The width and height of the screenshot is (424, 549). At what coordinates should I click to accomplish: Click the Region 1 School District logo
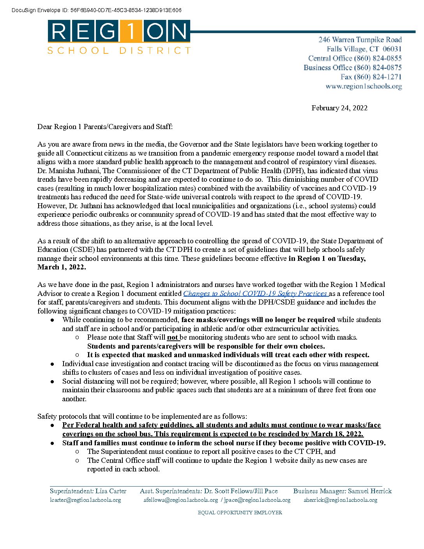click(119, 37)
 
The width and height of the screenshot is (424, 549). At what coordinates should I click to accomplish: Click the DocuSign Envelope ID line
click(96, 10)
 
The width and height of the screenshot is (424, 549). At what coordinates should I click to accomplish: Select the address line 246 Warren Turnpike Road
click(360, 39)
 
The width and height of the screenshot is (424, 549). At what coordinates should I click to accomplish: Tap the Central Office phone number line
click(355, 58)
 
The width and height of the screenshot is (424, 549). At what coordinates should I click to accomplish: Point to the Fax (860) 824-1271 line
click(371, 77)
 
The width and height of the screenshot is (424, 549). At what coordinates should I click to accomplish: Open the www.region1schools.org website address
click(364, 86)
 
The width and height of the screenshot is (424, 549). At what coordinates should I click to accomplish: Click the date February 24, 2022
click(339, 108)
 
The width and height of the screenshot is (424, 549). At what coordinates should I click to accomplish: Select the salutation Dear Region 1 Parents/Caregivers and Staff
click(105, 126)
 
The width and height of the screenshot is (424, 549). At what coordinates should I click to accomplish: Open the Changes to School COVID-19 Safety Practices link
click(255, 294)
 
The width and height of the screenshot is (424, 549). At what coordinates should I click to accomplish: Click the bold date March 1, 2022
click(61, 267)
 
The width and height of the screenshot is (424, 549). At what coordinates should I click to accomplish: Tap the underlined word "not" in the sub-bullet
click(173, 337)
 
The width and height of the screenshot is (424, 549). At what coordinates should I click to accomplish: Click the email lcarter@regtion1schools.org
click(85, 500)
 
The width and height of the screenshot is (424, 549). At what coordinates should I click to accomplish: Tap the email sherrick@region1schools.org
click(341, 500)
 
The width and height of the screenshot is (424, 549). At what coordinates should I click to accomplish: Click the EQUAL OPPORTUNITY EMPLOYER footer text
click(240, 512)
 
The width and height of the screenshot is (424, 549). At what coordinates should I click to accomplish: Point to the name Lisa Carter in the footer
click(111, 491)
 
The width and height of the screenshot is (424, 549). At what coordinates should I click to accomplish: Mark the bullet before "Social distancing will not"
click(52, 381)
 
